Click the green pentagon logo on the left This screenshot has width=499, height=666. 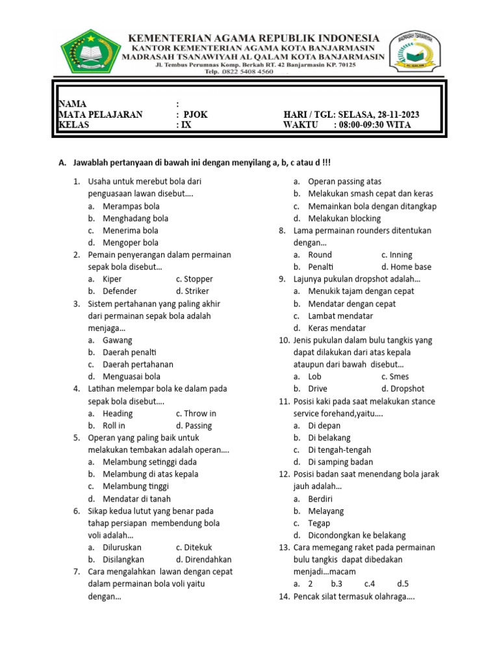click(91, 52)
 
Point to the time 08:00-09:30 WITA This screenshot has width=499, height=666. click(376, 126)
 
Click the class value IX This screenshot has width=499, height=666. click(186, 126)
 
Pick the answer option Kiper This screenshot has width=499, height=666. click(112, 279)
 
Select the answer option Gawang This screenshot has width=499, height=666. click(117, 340)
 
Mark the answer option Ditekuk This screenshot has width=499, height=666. click(198, 547)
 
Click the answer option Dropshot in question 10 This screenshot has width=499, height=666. click(407, 388)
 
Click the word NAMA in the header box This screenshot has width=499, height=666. click(71, 104)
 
